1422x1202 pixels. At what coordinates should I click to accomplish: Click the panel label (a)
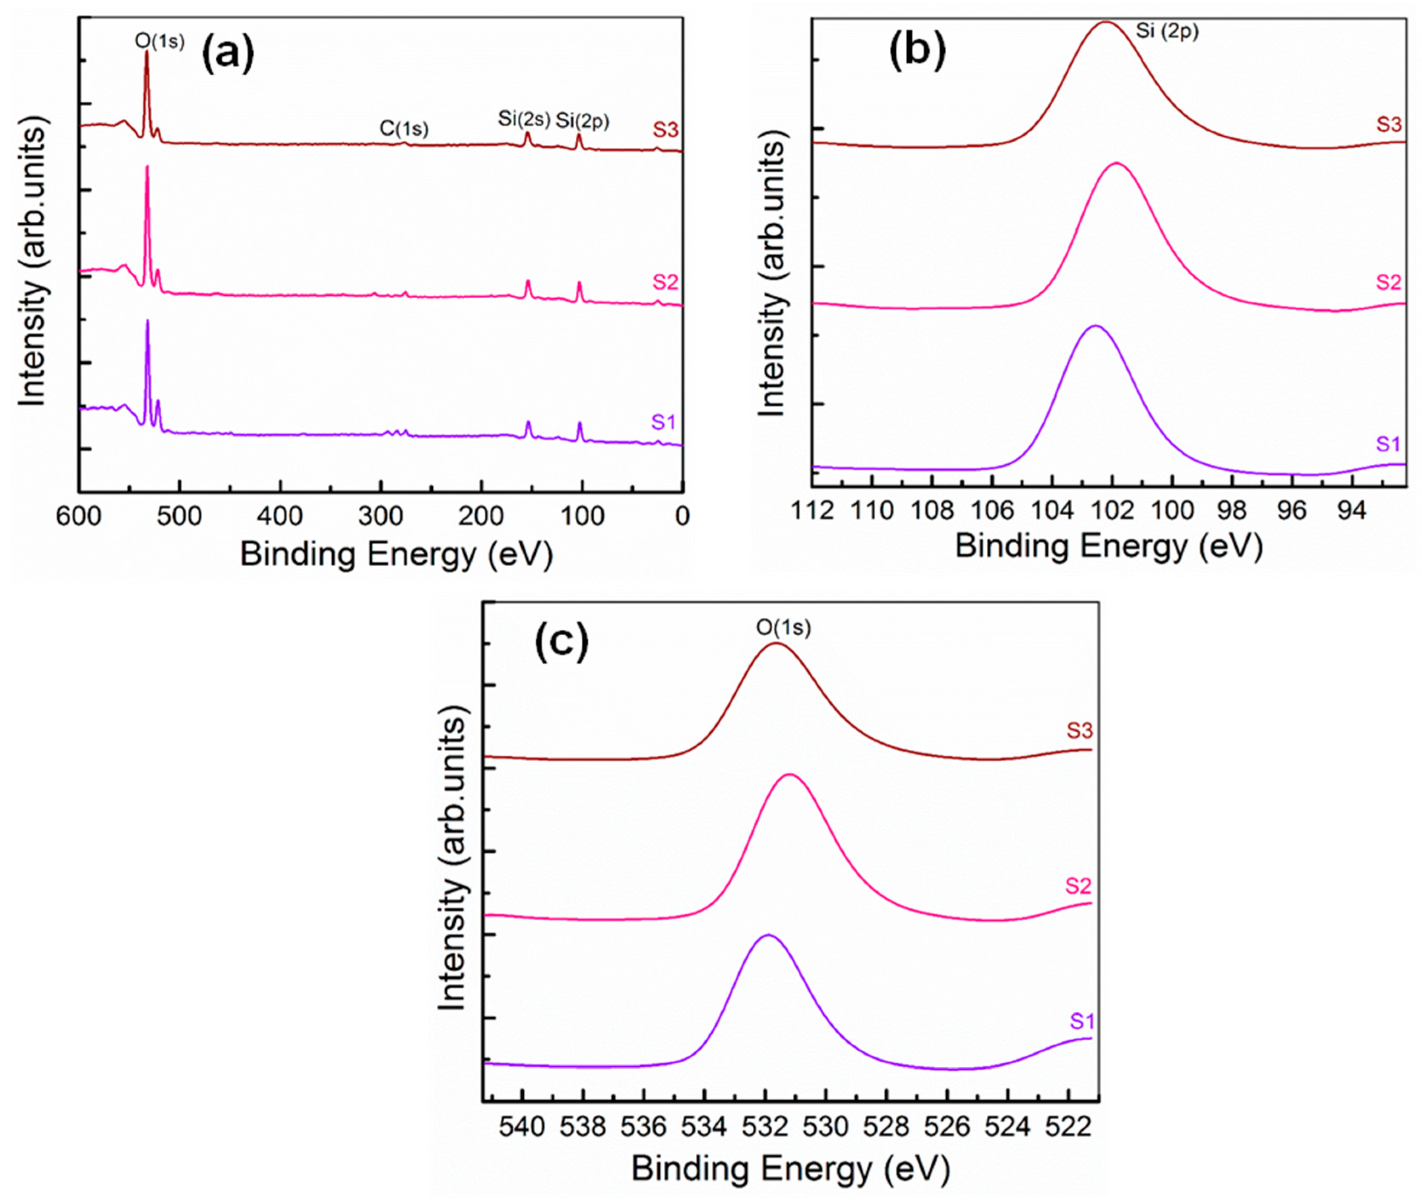tap(228, 54)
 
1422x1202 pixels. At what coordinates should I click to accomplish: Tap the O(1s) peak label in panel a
tap(160, 42)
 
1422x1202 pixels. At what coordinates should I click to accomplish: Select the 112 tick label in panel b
tap(813, 511)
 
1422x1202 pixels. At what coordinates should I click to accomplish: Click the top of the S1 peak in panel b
tap(1095, 326)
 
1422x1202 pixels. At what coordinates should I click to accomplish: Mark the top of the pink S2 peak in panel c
tap(791, 775)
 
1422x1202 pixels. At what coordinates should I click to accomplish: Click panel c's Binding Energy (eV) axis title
tap(791, 1169)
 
